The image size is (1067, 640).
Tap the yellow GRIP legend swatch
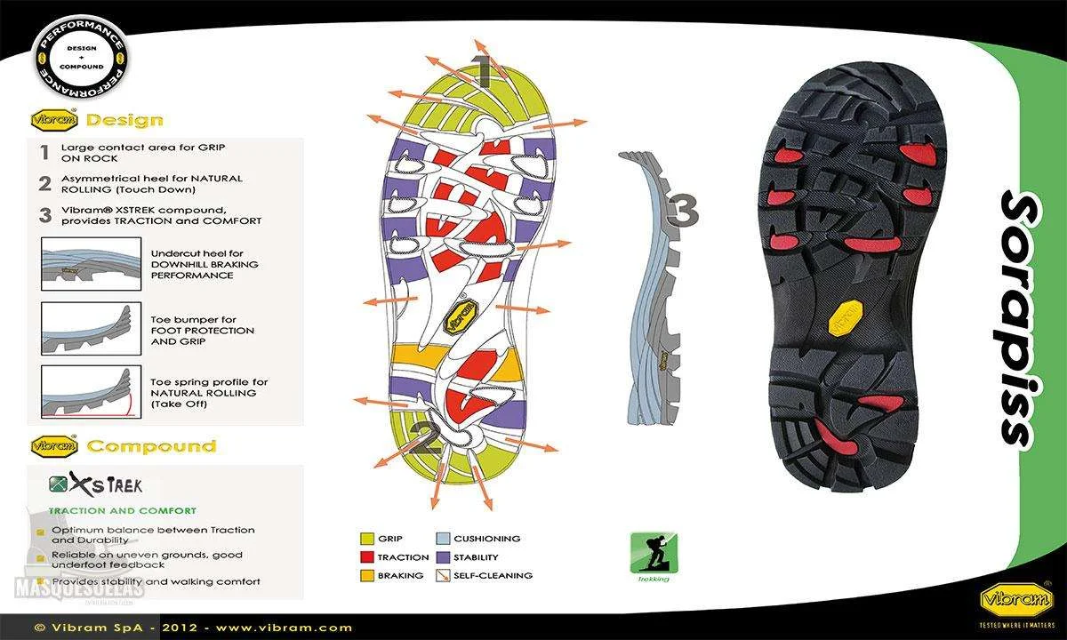366,539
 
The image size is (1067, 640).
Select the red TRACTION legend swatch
366,557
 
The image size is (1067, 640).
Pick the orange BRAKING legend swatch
366,575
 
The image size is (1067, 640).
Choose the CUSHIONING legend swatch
442,539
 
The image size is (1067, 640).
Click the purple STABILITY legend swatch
442,557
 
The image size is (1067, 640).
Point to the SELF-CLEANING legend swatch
442,575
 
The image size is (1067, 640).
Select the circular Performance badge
81,60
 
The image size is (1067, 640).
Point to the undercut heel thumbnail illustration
91,264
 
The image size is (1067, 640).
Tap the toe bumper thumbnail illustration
91,329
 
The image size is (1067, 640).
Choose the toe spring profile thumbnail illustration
91,392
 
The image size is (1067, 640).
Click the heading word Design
124,120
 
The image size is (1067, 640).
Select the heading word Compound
151,446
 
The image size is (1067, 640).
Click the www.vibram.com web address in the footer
285,628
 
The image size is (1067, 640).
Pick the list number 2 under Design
44,184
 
